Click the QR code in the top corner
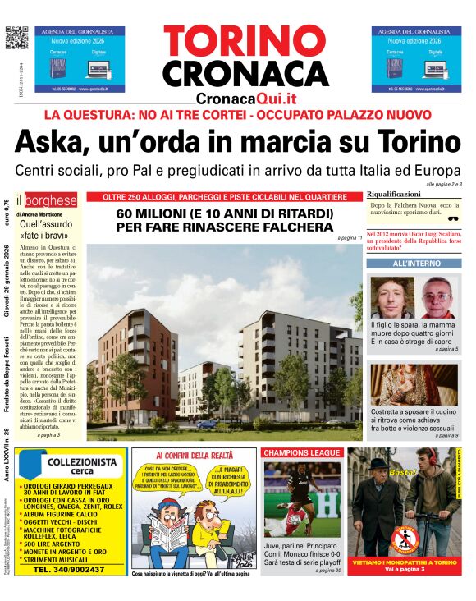16,38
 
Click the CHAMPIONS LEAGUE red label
301,452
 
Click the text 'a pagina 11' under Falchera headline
349,237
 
